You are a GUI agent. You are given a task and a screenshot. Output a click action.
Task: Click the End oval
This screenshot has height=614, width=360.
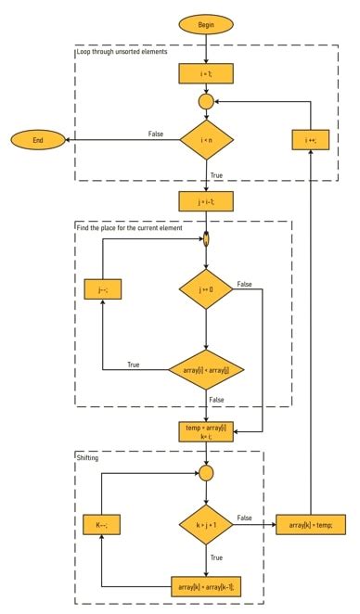click(x=38, y=139)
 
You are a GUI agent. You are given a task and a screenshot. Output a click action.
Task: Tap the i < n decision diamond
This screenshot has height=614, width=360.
click(x=206, y=140)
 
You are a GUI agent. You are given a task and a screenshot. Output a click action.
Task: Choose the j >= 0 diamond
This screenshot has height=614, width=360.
click(x=206, y=289)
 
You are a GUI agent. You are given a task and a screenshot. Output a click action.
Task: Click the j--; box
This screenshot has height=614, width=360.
click(x=102, y=289)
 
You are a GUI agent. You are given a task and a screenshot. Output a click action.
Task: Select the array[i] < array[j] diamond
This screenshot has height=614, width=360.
click(x=206, y=372)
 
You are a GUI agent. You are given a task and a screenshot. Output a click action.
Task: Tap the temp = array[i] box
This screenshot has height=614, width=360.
click(x=206, y=430)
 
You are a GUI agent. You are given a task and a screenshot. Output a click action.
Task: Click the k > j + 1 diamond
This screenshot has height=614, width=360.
click(x=206, y=525)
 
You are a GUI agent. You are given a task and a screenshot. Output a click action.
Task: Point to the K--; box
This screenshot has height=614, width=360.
click(x=102, y=524)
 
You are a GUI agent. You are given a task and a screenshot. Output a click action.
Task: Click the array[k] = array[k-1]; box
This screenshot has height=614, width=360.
click(x=206, y=587)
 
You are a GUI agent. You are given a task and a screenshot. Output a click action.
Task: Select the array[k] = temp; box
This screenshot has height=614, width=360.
click(x=311, y=525)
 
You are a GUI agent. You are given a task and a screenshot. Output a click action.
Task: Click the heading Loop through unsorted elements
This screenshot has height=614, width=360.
click(x=122, y=52)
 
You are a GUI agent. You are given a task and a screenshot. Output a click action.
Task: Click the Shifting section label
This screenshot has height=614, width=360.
click(x=91, y=457)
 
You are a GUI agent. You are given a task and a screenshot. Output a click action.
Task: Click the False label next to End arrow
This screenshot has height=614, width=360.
click(x=156, y=134)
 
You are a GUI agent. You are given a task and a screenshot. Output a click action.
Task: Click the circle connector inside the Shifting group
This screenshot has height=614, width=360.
click(x=206, y=473)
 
